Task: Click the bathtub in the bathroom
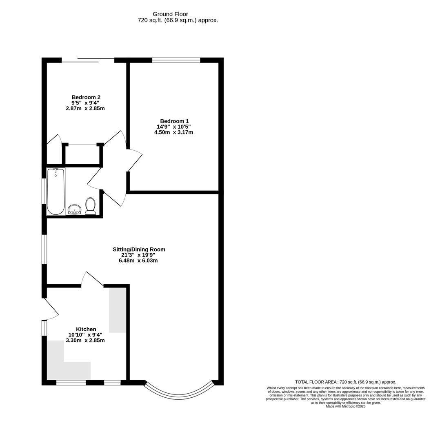click(x=56, y=192)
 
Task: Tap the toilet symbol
click(x=90, y=206)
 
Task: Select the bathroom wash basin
click(x=74, y=210)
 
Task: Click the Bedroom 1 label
click(x=174, y=121)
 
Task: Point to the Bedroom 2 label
click(x=86, y=97)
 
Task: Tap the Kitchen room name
click(x=86, y=329)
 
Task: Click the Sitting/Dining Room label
click(x=139, y=249)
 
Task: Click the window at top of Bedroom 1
click(x=176, y=60)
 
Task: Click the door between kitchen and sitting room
click(x=93, y=280)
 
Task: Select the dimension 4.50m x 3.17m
click(x=173, y=132)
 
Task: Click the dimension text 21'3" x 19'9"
click(x=138, y=255)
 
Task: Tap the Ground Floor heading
click(x=170, y=14)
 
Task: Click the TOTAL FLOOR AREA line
click(x=345, y=382)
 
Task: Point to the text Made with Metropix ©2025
click(x=345, y=406)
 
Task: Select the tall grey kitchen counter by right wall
click(x=117, y=310)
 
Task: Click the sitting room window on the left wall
click(x=44, y=249)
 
